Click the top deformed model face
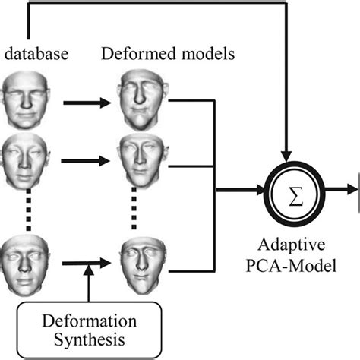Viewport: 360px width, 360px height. click(x=141, y=96)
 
